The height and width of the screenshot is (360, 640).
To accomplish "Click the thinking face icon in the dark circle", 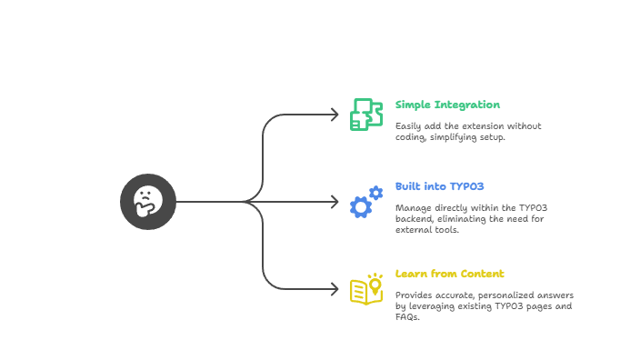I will click(148, 201).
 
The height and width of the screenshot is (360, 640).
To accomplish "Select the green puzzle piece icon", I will click(365, 115).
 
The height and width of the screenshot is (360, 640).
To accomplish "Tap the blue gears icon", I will click(365, 202).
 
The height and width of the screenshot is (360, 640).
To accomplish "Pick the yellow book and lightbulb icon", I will click(366, 288).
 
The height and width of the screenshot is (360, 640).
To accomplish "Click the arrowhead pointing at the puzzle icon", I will click(334, 115).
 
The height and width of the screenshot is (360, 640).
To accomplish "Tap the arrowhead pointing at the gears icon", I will click(334, 202).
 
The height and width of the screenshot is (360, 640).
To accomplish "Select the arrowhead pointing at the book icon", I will click(334, 289).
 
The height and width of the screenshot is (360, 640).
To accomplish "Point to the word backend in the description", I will click(413, 219).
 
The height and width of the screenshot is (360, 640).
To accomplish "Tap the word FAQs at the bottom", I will click(407, 317).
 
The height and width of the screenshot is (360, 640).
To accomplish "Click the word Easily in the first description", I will click(409, 125).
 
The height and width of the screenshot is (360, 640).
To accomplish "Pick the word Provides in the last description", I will click(415, 295).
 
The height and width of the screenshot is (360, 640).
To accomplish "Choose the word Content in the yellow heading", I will click(482, 274).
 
